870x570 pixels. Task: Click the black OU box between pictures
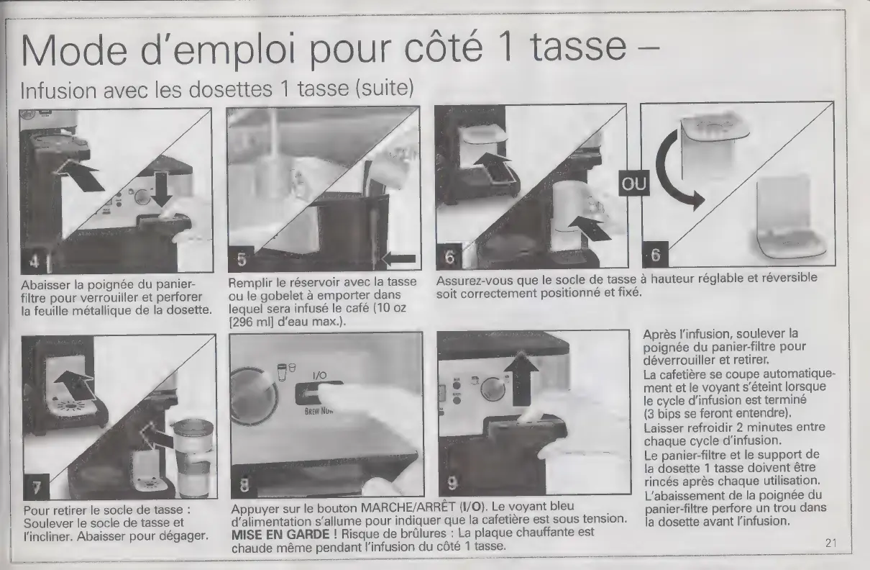click(x=634, y=183)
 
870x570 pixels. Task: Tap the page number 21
click(x=831, y=543)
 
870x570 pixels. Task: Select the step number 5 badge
click(x=241, y=259)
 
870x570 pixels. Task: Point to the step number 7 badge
click(x=36, y=487)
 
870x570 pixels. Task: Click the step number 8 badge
click(x=244, y=486)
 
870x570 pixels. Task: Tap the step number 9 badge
click(x=452, y=484)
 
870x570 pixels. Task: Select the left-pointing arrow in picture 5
click(x=399, y=259)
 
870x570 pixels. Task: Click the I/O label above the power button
click(x=320, y=375)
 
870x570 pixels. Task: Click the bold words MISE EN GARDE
click(x=280, y=534)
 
